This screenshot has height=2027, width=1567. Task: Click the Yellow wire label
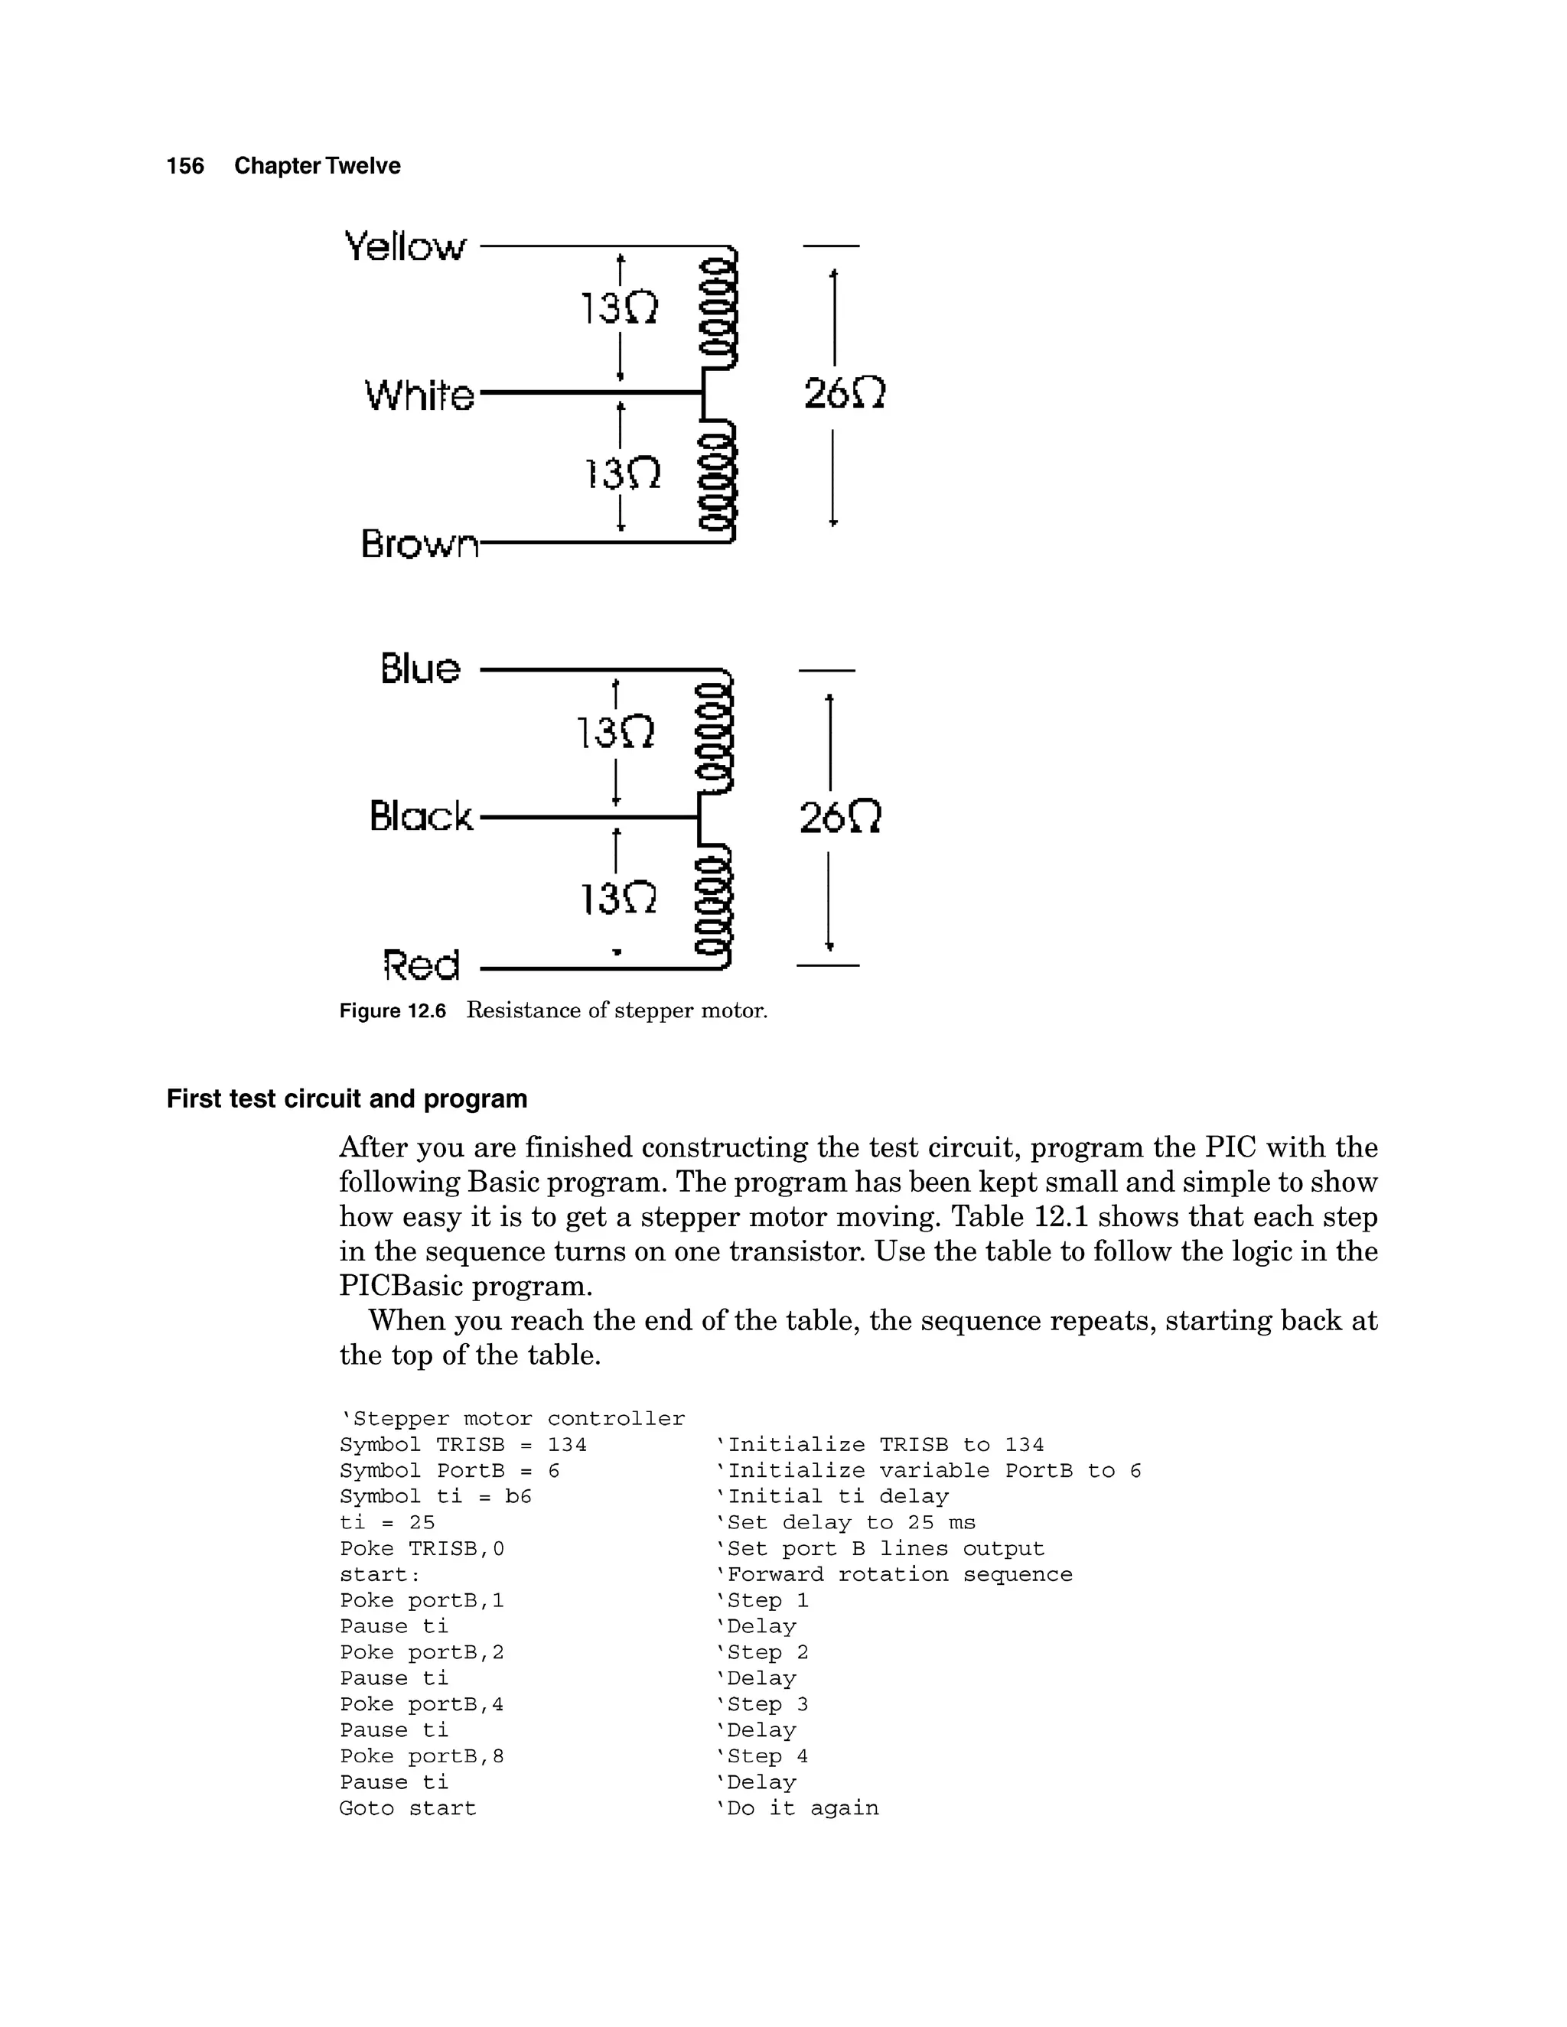click(405, 247)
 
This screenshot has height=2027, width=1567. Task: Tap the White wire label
click(419, 395)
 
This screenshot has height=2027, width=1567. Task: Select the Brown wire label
click(419, 543)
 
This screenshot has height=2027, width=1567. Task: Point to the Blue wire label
click(419, 669)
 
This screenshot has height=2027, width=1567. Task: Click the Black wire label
click(421, 817)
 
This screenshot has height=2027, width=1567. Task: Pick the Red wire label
click(422, 965)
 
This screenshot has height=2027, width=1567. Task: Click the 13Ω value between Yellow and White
click(619, 308)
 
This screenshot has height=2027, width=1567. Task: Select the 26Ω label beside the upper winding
click(844, 393)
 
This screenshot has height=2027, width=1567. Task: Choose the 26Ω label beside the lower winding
click(839, 818)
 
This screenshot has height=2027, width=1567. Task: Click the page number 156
click(184, 166)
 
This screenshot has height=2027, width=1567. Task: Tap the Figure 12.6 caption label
click(392, 1010)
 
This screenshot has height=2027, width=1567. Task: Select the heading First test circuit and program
click(347, 1099)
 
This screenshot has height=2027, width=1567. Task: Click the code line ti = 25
click(387, 1523)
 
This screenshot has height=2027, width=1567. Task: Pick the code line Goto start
click(408, 1809)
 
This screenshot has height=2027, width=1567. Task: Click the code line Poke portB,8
click(422, 1757)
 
